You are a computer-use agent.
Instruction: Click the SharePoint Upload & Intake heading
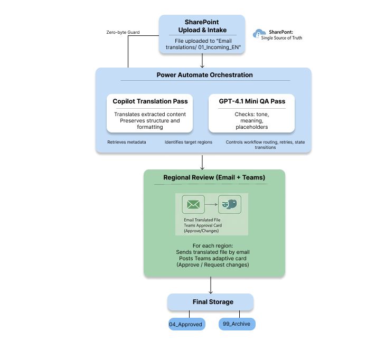click(202, 26)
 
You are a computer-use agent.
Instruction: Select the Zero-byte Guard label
click(123, 33)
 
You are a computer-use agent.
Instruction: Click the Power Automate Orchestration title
click(204, 75)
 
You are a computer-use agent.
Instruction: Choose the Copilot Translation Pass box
click(150, 113)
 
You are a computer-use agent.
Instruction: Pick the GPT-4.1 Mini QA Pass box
click(251, 113)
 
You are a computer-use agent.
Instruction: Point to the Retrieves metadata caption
click(127, 142)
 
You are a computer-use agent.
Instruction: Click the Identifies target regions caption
click(187, 142)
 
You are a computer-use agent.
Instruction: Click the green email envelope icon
click(193, 204)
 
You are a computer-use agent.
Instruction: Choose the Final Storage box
click(210, 302)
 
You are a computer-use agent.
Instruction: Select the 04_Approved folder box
click(185, 324)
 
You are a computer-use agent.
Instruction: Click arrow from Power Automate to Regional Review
click(202, 162)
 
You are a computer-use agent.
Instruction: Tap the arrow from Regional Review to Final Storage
click(211, 286)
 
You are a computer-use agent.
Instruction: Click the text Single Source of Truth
click(281, 38)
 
